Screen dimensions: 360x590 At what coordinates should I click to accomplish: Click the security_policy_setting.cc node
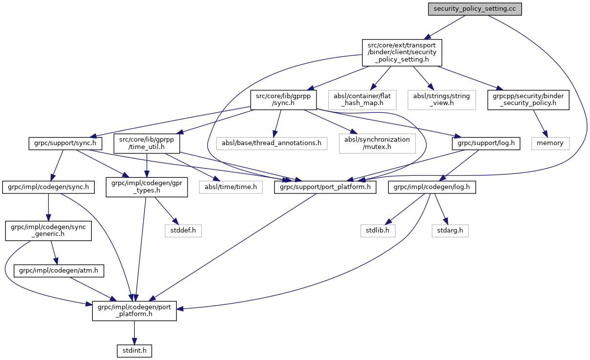(474, 9)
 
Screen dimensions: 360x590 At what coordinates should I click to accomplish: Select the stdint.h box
(134, 350)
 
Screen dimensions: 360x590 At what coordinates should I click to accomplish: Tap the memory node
(550, 143)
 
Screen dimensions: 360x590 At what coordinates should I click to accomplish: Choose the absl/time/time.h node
(231, 187)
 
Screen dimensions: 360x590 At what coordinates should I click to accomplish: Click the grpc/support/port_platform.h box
(325, 187)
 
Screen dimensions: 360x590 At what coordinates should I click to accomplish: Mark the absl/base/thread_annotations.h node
(271, 143)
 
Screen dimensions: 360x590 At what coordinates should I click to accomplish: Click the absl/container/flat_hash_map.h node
(362, 100)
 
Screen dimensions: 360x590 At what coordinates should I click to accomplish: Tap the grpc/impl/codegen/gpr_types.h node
(147, 187)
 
